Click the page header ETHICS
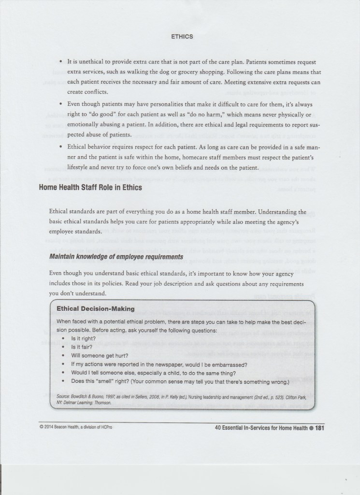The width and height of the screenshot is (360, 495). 182,36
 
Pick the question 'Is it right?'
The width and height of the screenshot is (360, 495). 83,339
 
